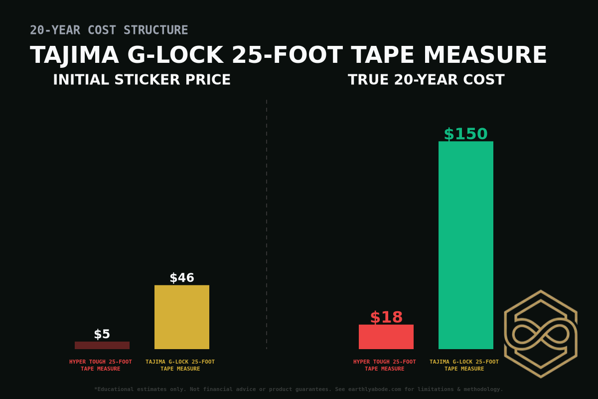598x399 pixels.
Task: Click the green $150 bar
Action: pos(465,245)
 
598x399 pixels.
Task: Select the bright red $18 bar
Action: pos(386,337)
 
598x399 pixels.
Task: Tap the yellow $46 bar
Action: pos(181,317)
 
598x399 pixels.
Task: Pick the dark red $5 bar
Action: pos(102,345)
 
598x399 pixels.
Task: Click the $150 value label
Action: pos(465,134)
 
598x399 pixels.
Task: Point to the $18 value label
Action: pos(386,317)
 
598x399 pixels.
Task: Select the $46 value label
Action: pos(181,278)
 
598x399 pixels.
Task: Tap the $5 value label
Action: pos(102,334)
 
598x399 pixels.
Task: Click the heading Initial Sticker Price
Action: pos(142,80)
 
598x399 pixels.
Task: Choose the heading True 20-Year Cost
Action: pos(426,80)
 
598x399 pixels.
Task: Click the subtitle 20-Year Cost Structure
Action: pos(109,30)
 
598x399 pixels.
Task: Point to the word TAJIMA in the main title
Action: pos(74,55)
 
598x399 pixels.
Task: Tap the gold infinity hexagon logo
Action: pos(541,334)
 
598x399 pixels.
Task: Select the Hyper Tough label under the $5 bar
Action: pos(101,365)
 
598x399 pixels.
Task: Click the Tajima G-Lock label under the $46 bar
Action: pos(180,365)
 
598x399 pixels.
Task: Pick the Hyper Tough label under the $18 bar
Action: pos(384,365)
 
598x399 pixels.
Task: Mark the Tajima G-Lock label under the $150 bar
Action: pos(464,365)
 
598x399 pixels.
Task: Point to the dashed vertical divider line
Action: pos(267,224)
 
